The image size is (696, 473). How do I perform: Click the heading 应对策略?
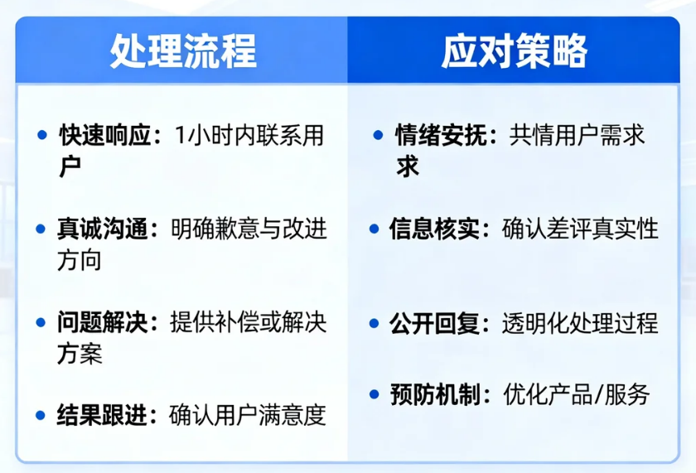tap(514, 51)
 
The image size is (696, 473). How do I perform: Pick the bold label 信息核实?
tap(434, 229)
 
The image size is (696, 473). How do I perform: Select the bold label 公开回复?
tap(434, 322)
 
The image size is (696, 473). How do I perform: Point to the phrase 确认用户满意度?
tap(247, 413)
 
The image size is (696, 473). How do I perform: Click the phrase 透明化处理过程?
tap(580, 322)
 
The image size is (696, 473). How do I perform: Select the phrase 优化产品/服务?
tap(577, 394)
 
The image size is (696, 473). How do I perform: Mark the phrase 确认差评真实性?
tap(580, 229)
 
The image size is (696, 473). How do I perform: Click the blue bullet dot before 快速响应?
tap(41, 135)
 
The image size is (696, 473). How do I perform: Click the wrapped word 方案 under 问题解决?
tap(80, 354)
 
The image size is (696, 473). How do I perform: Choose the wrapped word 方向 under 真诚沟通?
tap(80, 260)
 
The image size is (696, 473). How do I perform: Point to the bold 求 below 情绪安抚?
tap(408, 167)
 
